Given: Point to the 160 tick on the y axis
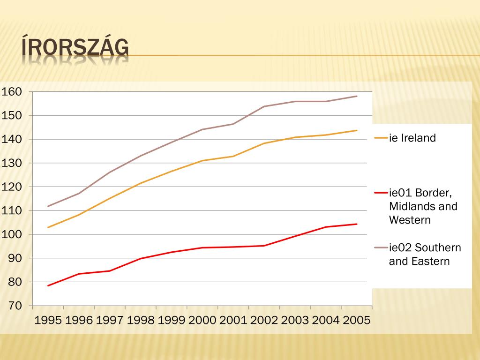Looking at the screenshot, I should [12, 92].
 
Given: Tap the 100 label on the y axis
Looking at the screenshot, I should [12, 234].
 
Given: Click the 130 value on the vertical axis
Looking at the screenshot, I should [12, 163].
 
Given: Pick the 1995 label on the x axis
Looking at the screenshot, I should [48, 320].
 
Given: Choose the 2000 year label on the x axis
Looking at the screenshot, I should [202, 320].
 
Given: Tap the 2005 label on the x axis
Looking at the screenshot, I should [357, 320].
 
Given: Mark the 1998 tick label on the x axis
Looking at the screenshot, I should [141, 320].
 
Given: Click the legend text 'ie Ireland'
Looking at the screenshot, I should [412, 138].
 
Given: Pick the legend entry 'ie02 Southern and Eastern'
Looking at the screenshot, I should [425, 255].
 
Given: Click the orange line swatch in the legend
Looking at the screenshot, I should [381, 138].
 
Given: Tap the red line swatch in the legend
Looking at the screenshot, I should [381, 193].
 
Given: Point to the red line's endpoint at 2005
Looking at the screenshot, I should [357, 224].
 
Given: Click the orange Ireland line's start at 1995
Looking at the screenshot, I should [48, 227].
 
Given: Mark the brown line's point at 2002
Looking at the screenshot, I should [264, 106].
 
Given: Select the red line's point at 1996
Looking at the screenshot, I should [79, 274].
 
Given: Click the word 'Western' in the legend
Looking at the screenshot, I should [409, 220].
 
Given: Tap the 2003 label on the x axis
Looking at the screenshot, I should [295, 320].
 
